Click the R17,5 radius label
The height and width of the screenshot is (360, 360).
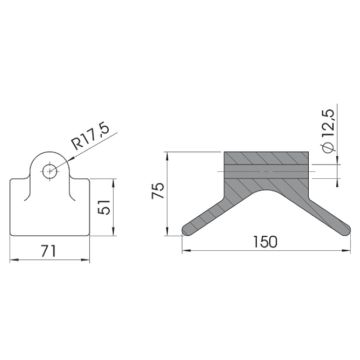[91, 137]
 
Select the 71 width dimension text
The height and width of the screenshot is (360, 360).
[49, 251]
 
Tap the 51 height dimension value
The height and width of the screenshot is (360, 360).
[105, 207]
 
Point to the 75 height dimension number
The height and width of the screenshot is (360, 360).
[158, 191]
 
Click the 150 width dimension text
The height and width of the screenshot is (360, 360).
[265, 242]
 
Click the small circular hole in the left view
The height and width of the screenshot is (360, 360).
[50, 171]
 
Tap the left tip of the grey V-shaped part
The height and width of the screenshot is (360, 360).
[183, 230]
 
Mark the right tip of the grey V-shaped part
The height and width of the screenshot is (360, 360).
[349, 230]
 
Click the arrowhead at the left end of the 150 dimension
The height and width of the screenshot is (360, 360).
[185, 251]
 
